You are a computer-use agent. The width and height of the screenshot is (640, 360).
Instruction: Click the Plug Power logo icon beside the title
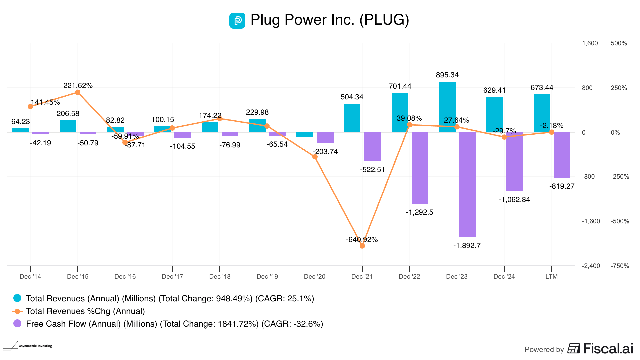(x=237, y=21)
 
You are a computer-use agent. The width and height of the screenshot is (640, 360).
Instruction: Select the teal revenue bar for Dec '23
(x=447, y=107)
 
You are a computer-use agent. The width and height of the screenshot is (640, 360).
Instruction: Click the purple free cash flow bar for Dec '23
(x=467, y=184)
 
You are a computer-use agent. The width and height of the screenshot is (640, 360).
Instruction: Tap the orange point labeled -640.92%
(x=362, y=246)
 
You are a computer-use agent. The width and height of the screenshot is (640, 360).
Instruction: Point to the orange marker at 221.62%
(x=78, y=92)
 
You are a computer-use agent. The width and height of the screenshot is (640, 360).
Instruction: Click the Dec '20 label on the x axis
(x=314, y=277)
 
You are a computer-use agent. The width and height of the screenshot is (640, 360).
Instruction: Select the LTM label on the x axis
(x=551, y=277)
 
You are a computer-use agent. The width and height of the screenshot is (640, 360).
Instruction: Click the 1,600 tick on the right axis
(x=590, y=43)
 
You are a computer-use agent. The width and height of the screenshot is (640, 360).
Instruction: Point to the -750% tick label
(x=620, y=266)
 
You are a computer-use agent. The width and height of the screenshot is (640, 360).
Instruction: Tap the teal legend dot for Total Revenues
(x=17, y=298)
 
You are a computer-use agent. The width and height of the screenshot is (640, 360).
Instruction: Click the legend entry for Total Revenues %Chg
(x=85, y=311)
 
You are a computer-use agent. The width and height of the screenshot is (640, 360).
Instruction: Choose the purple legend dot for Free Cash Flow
(x=17, y=323)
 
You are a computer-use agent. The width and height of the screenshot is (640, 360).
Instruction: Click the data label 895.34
(x=447, y=75)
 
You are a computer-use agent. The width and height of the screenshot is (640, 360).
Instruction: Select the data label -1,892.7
(x=467, y=246)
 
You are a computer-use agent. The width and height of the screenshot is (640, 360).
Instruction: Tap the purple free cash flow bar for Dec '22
(x=420, y=167)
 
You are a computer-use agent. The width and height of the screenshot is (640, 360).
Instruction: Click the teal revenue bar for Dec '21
(x=352, y=118)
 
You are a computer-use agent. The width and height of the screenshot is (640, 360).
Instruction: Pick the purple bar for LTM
(x=562, y=155)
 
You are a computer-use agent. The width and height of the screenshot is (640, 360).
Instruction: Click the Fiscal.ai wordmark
(x=608, y=349)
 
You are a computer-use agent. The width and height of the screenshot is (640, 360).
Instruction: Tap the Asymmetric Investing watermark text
(x=35, y=346)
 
